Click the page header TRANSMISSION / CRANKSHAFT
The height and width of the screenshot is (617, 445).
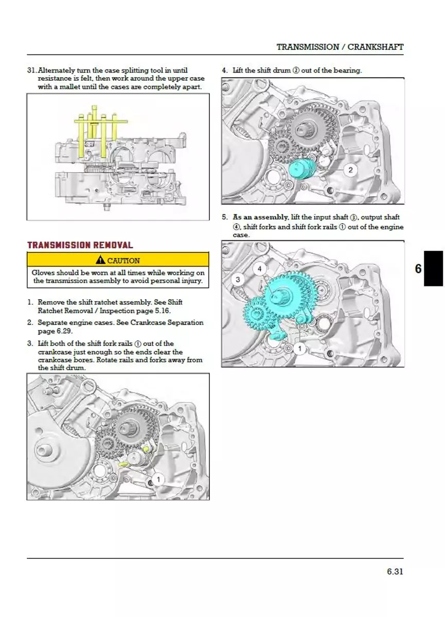[x=340, y=47]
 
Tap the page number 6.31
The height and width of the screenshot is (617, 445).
[x=395, y=571]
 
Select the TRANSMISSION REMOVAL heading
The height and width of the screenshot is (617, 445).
[x=80, y=245]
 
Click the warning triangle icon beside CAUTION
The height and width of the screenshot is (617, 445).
[x=100, y=260]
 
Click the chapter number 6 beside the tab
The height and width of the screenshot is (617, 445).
[x=418, y=269]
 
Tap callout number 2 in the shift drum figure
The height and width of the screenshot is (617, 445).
[x=350, y=170]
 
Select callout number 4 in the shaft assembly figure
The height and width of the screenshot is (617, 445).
[x=259, y=269]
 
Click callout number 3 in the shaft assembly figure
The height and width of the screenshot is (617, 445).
[x=238, y=280]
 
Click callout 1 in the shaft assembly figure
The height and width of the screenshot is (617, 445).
[x=300, y=349]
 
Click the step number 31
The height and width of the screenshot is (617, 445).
[x=32, y=70]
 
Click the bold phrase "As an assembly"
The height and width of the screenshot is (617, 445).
[x=260, y=217]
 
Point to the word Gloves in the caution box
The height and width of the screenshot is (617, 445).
[x=44, y=273]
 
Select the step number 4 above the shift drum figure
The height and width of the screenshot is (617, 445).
[x=225, y=70]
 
